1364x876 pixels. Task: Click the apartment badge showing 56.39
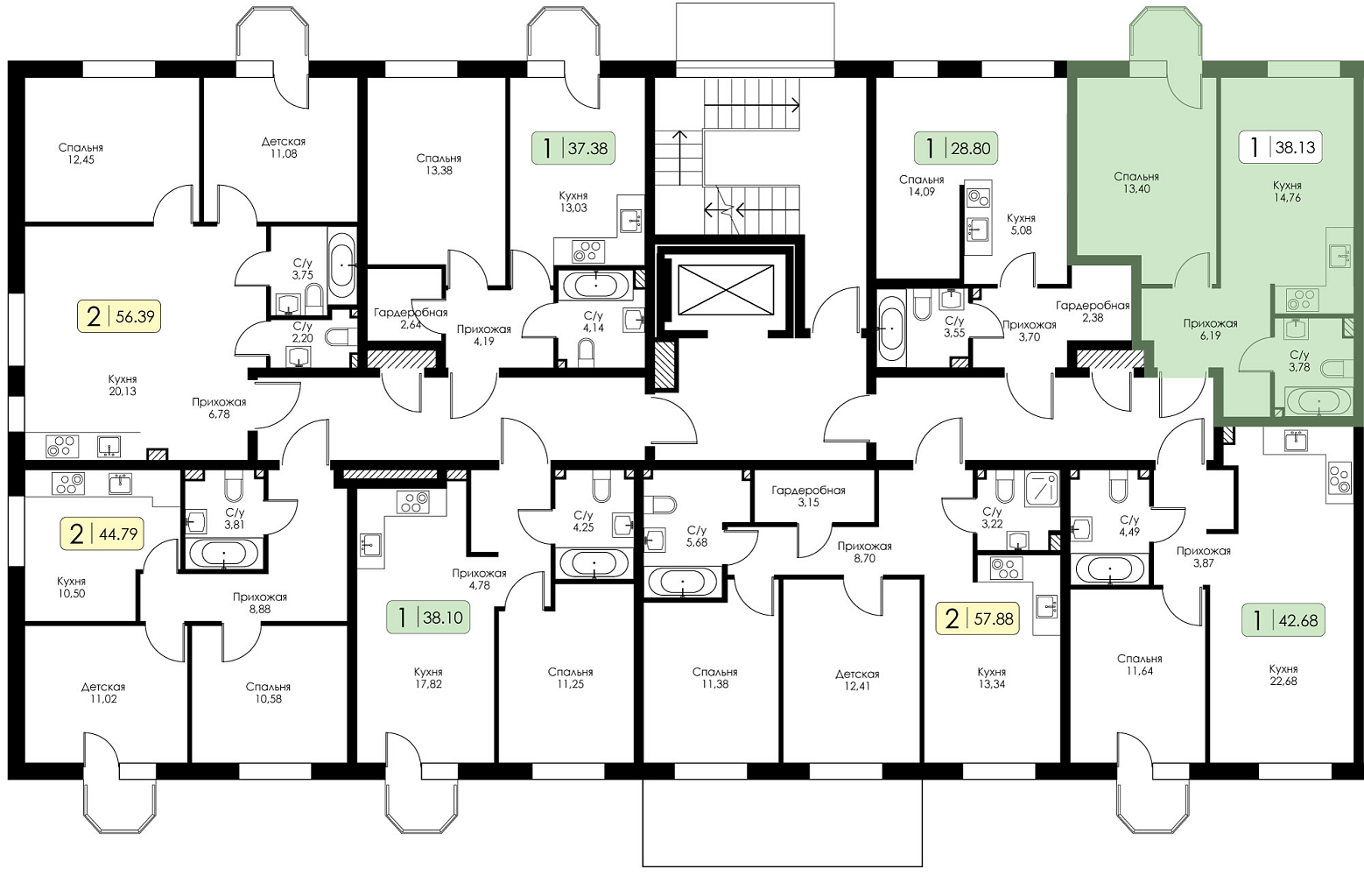coord(119,316)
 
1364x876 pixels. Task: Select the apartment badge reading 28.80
coord(956,148)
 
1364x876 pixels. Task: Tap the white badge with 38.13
coord(1280,147)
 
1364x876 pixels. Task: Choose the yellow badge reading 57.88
coord(977,619)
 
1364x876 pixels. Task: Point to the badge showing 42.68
coord(1283,621)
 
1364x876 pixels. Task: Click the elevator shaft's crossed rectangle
coord(726,290)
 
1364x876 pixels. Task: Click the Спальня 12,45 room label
coord(81,153)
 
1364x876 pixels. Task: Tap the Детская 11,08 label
coord(284,147)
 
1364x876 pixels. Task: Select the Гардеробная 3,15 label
coord(808,496)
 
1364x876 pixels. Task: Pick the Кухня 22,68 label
coord(1283,675)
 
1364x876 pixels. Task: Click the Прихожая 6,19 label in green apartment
coord(1211,329)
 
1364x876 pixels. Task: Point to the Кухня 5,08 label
coord(1021,224)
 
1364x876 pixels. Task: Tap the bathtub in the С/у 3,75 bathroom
coord(341,265)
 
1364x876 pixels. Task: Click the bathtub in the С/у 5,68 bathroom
coord(683,583)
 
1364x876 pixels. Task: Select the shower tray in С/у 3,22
coord(1042,489)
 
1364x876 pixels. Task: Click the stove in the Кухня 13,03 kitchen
coord(588,251)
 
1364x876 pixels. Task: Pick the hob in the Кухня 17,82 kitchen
coord(413,502)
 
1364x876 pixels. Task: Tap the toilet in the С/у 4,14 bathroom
coord(585,353)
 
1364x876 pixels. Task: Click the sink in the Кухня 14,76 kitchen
coord(1339,255)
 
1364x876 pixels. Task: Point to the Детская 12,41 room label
coord(857,681)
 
